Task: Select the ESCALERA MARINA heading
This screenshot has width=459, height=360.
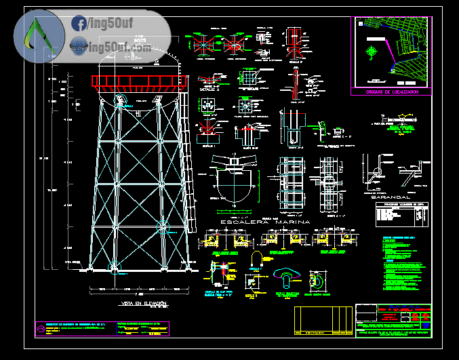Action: coord(265,222)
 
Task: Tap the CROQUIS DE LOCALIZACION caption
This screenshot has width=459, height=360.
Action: coord(392,91)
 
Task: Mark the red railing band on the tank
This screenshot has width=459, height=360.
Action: coord(140,81)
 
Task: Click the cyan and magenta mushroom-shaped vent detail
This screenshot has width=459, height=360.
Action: coord(287,277)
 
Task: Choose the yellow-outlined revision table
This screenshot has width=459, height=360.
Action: coord(324,321)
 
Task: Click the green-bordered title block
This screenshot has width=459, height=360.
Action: coord(393,320)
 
